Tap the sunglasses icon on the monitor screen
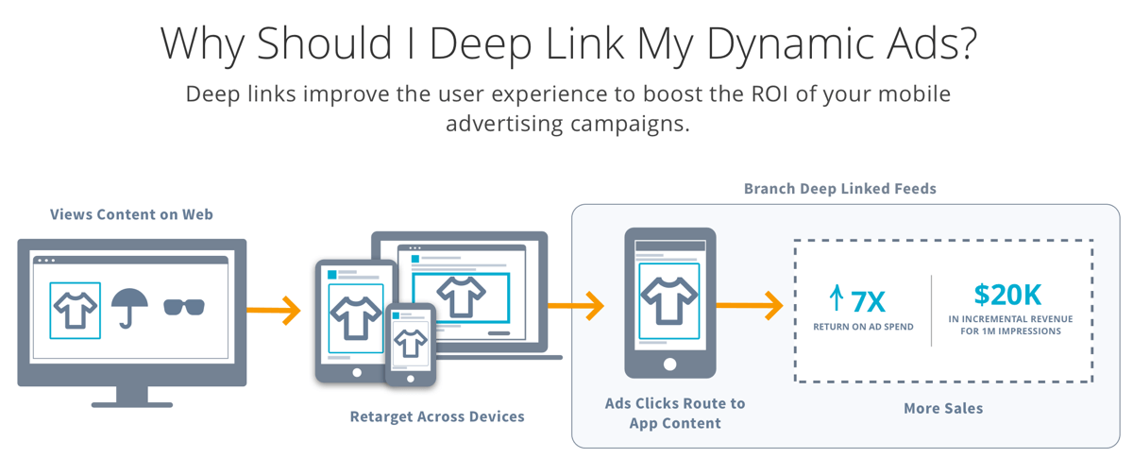184,307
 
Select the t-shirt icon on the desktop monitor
76,310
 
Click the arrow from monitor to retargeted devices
274,310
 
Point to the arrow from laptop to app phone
576,306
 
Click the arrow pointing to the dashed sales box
750,306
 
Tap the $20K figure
1007,295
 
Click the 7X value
868,302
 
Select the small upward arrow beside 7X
837,297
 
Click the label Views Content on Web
131,214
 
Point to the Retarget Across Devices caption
437,416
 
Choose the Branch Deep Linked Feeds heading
840,189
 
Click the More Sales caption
943,408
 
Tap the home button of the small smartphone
411,379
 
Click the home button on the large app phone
669,365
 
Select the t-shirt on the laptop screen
462,296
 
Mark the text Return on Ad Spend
863,327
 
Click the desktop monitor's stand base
132,405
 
